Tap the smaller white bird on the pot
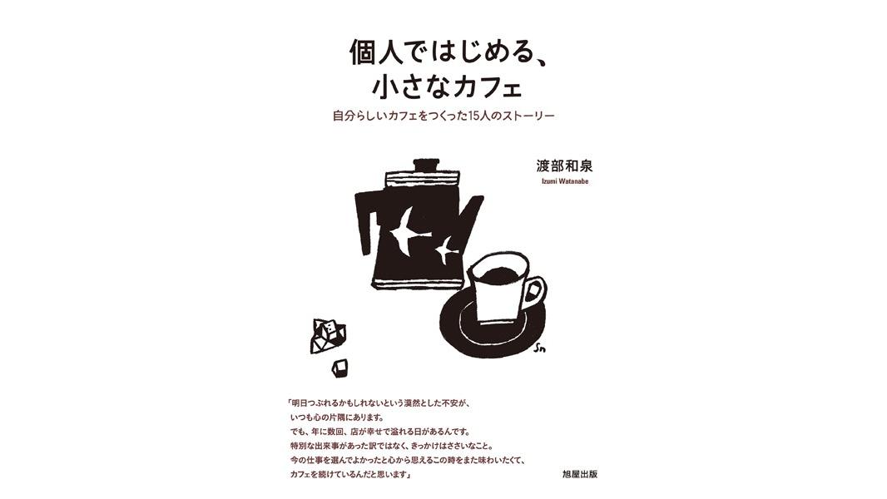447,249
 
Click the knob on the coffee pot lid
426,165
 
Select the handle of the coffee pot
366,220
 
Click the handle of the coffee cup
534,294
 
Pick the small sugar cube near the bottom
340,368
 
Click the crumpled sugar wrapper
328,335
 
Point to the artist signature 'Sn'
539,348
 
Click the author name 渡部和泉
564,166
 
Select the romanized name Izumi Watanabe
564,181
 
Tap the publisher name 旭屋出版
580,474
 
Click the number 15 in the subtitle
474,116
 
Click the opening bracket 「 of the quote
287,405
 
